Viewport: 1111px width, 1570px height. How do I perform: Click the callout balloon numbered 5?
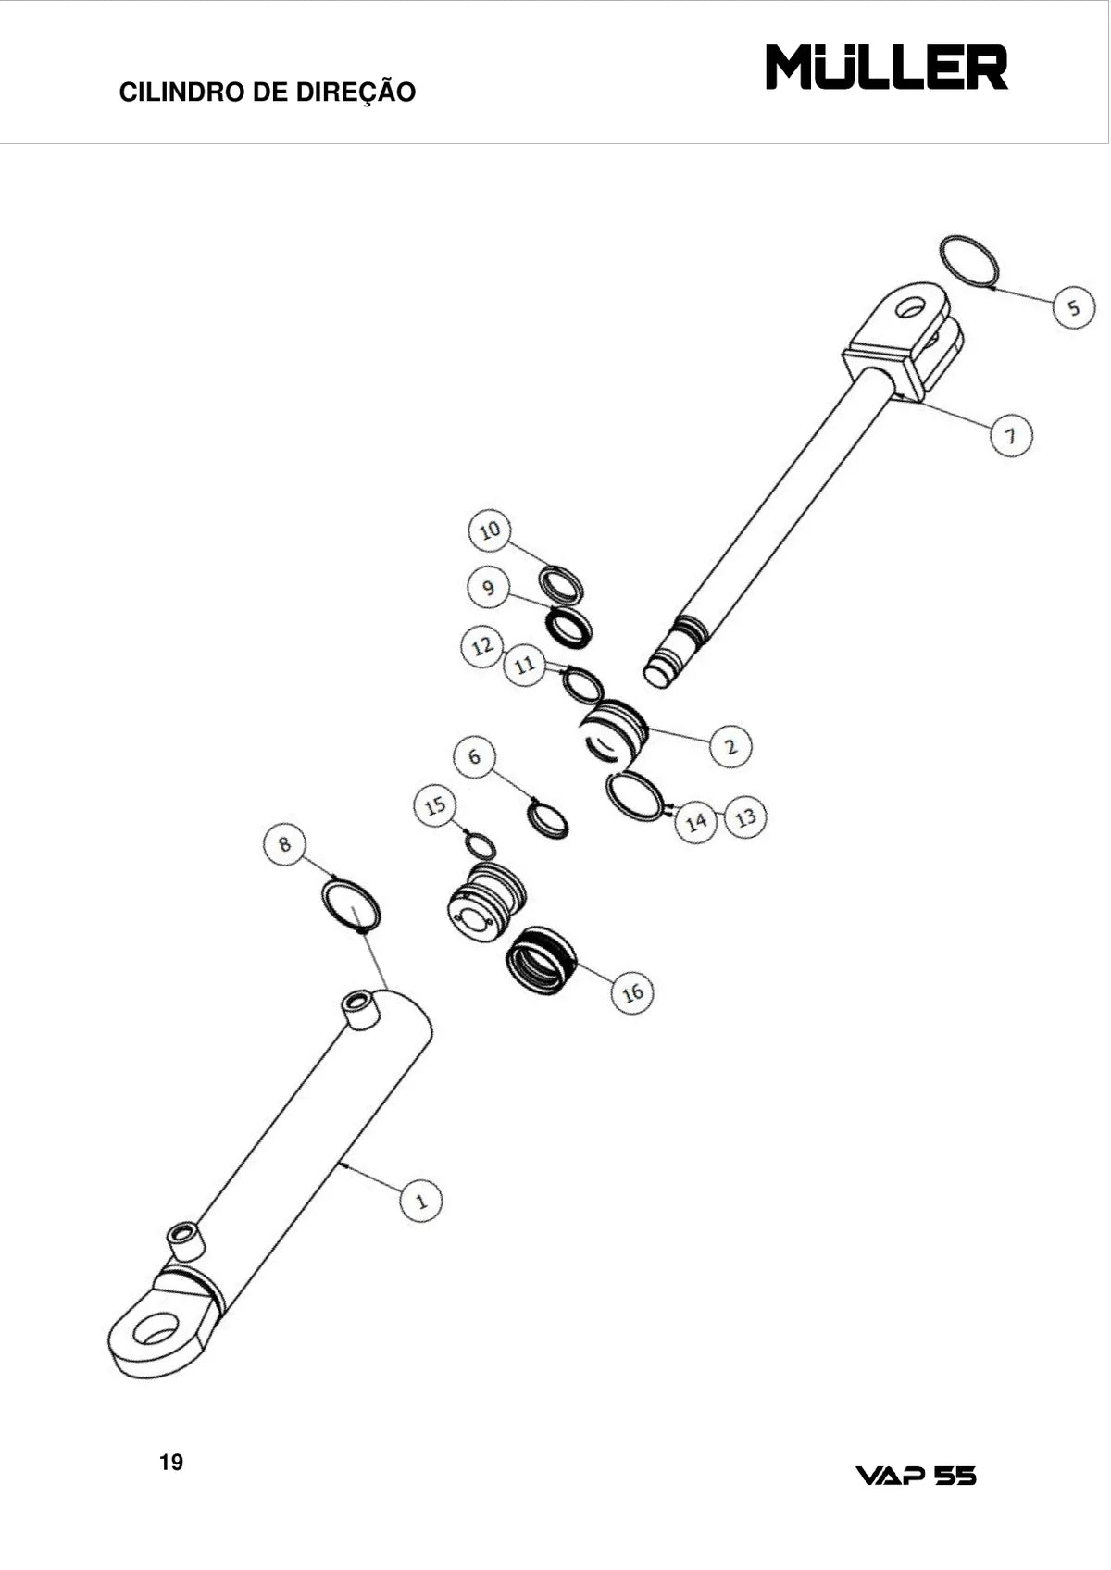tap(1074, 307)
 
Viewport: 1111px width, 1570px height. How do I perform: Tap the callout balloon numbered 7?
tap(1011, 435)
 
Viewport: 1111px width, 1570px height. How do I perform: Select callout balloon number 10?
tap(489, 530)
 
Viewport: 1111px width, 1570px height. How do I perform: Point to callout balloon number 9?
tap(489, 587)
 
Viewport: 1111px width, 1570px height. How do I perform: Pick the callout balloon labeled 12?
tap(482, 645)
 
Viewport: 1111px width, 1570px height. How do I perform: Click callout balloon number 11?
tap(525, 664)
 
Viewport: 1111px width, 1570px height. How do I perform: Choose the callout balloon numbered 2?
tap(730, 746)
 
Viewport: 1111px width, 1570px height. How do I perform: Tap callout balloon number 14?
tap(696, 821)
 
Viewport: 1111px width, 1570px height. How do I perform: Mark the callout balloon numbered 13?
tap(746, 816)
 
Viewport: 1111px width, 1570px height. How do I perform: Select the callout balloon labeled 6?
tap(475, 757)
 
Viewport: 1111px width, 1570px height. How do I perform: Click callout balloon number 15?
tap(435, 805)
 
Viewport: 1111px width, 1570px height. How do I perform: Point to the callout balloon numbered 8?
tap(284, 844)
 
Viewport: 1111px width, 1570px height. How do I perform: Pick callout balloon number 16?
tap(632, 991)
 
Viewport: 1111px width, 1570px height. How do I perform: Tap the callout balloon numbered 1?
tap(420, 1201)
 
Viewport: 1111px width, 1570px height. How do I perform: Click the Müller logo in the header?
tap(887, 68)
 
